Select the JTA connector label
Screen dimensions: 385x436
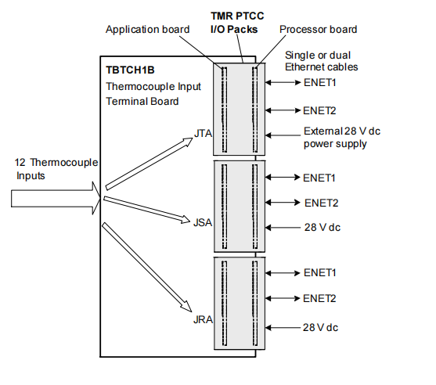pyautogui.click(x=203, y=135)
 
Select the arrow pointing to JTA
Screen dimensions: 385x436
pyautogui.click(x=149, y=164)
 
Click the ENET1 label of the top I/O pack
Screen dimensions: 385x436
pyautogui.click(x=320, y=81)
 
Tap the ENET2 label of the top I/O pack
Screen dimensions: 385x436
pyautogui.click(x=320, y=110)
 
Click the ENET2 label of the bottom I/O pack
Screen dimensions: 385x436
pyautogui.click(x=320, y=298)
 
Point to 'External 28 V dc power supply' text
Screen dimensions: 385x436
pyautogui.click(x=334, y=138)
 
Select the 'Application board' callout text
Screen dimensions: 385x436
pyautogui.click(x=149, y=30)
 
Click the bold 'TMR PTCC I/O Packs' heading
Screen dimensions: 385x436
pyautogui.click(x=237, y=23)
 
